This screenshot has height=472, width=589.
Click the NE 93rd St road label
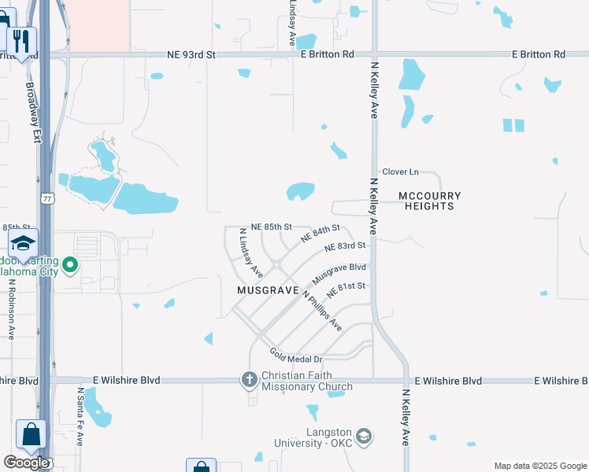[191, 55]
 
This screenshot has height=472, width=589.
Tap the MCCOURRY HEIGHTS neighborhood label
[429, 201]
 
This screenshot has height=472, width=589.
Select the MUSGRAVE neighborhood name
[269, 290]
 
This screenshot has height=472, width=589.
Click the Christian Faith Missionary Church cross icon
[249, 381]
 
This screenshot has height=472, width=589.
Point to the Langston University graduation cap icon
[364, 436]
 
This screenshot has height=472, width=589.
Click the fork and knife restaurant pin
[21, 40]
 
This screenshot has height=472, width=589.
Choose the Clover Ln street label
[400, 171]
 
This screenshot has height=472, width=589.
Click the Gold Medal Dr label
[296, 356]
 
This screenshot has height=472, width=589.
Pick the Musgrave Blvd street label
[339, 274]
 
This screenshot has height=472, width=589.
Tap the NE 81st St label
[346, 289]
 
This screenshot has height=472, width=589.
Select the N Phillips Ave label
[323, 312]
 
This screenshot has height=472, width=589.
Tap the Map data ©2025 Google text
[539, 466]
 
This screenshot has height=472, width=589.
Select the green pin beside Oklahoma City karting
[70, 265]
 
